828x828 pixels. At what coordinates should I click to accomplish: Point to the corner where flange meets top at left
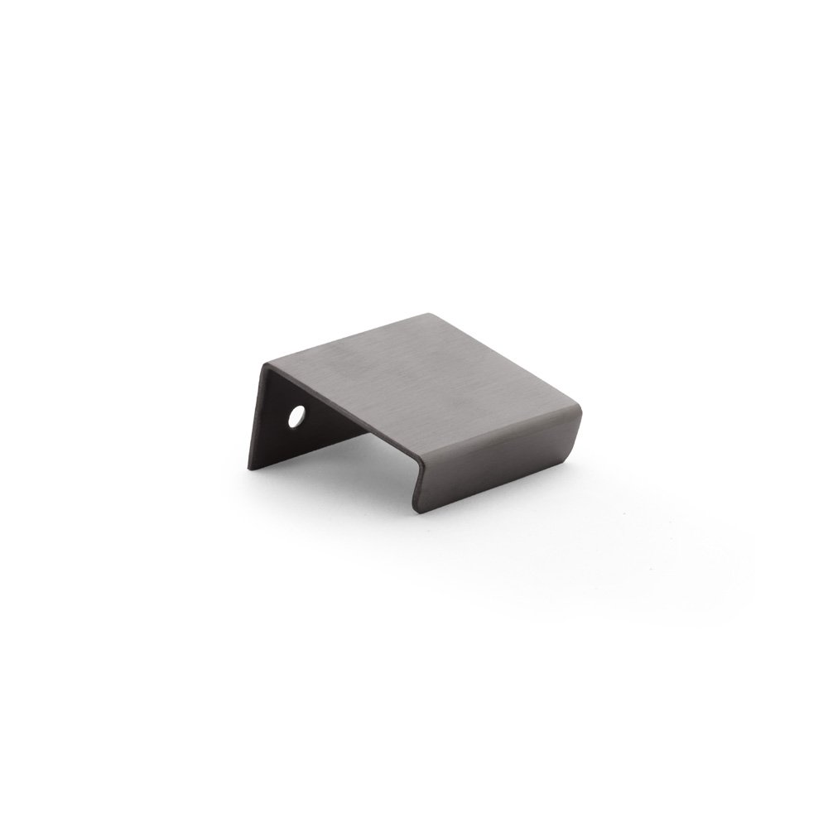263,364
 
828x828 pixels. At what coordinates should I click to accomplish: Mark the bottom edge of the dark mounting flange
331,443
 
